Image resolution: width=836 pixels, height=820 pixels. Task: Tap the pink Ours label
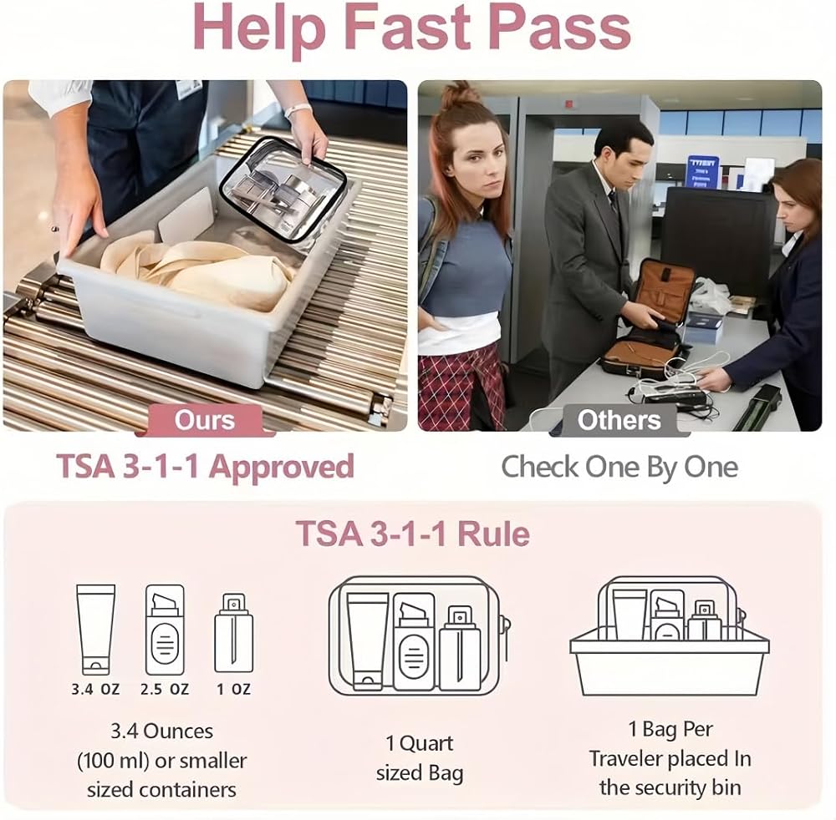205,420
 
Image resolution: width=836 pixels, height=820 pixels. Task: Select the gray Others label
619,420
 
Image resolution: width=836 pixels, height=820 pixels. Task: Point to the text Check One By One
619,468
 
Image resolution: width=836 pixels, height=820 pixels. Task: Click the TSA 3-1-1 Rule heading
413,534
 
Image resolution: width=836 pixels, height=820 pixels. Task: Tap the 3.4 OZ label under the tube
95,690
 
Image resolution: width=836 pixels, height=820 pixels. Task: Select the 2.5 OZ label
165,690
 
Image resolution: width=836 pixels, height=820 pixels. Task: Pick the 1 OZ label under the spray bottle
233,690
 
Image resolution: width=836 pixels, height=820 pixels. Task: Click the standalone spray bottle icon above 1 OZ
233,634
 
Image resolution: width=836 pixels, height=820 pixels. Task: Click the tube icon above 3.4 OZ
95,630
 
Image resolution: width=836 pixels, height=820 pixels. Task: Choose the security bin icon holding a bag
670,636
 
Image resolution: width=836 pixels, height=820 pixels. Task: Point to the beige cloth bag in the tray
198,271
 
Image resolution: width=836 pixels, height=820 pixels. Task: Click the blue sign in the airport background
702,171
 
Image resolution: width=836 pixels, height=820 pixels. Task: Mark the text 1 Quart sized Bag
419,758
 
